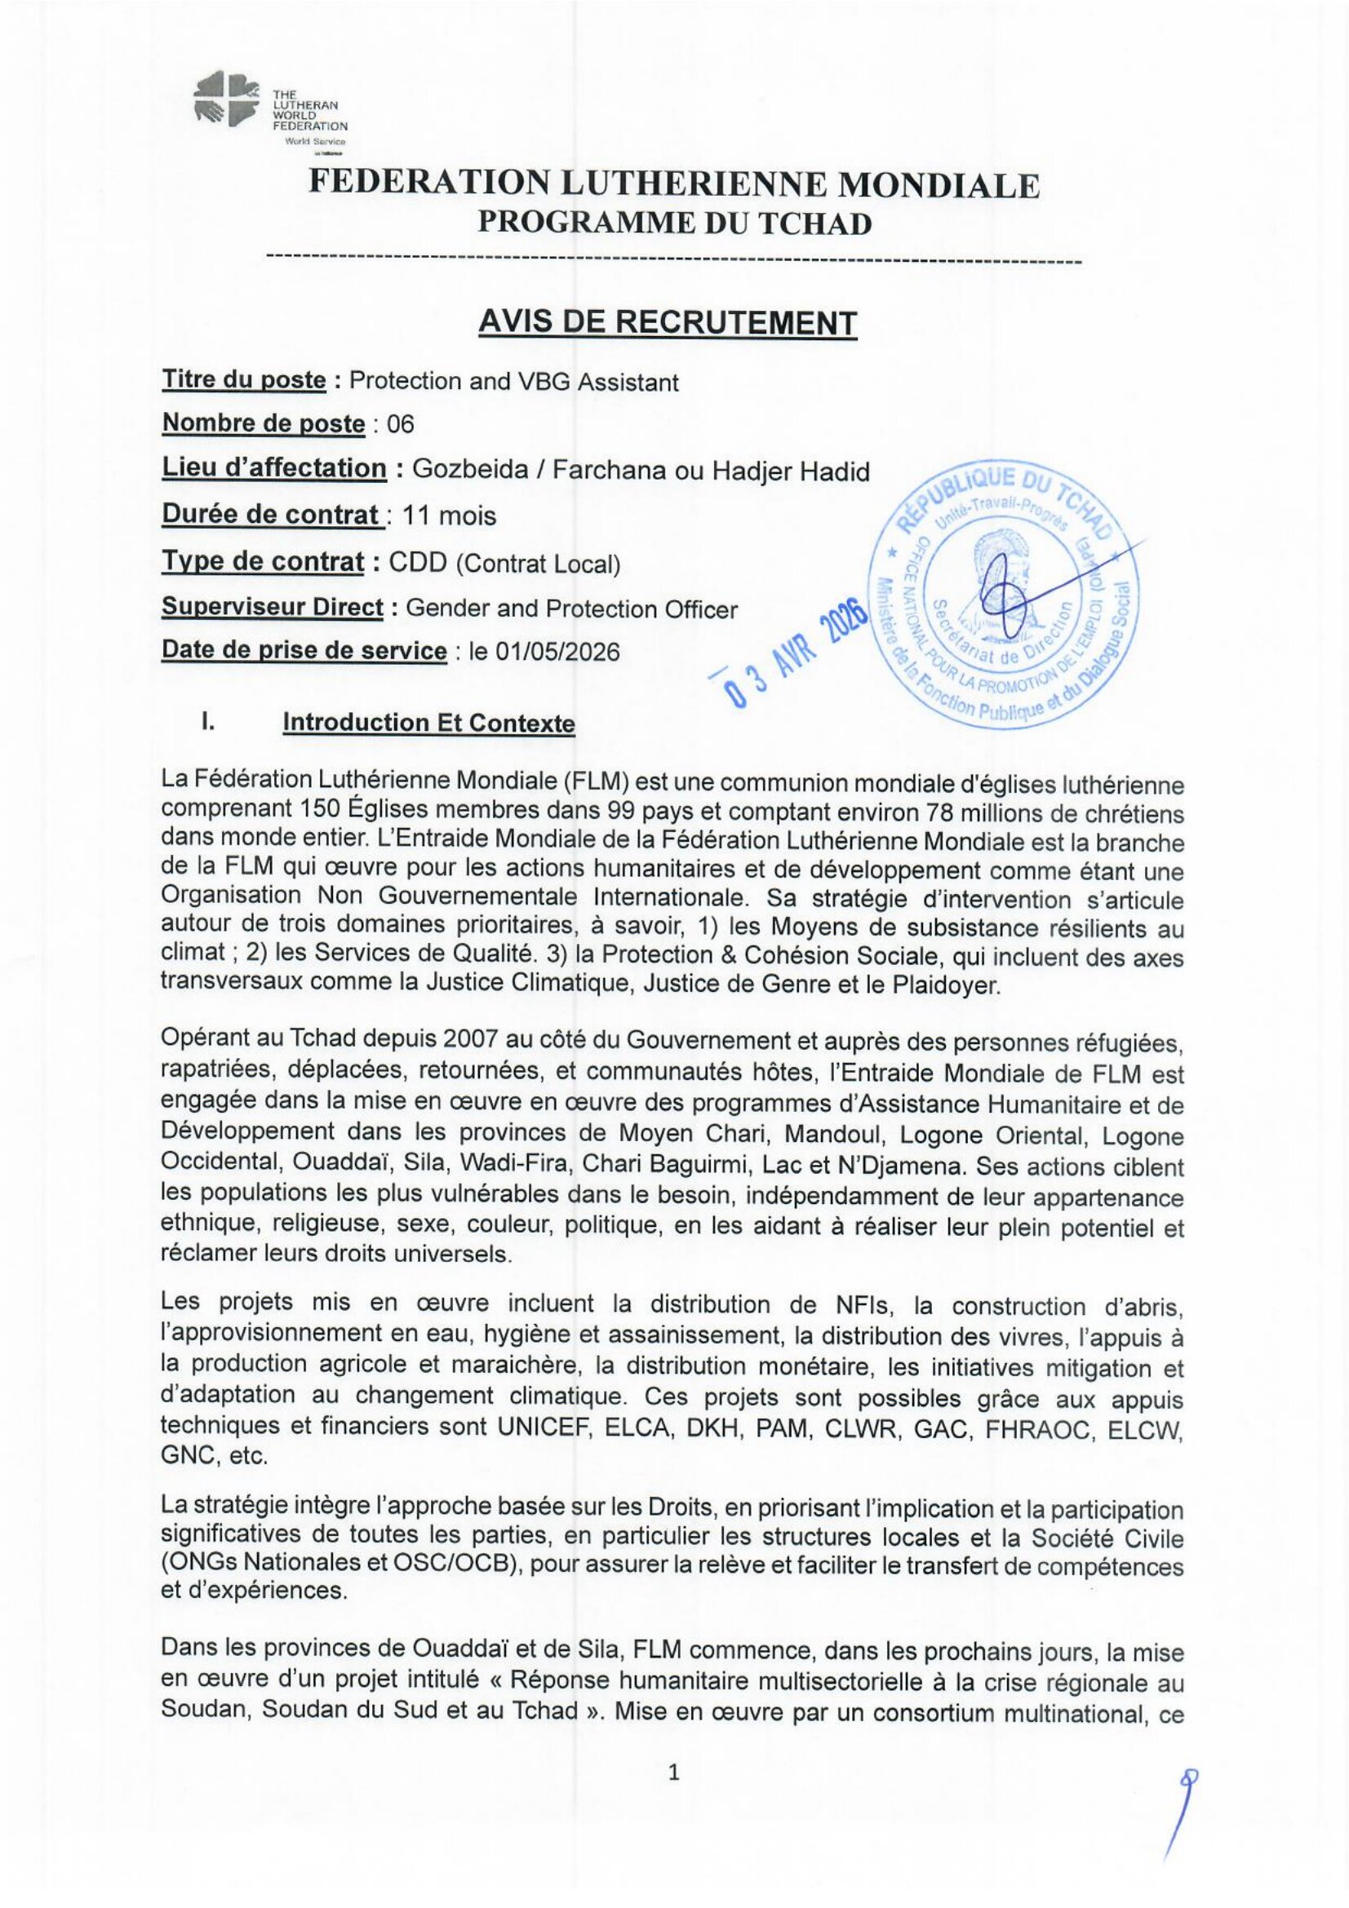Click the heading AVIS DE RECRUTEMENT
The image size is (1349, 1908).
(x=668, y=321)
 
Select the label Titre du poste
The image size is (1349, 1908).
(x=243, y=380)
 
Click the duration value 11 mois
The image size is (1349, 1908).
(x=449, y=516)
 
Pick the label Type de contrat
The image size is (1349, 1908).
(x=263, y=562)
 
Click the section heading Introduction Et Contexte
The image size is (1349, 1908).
(x=428, y=723)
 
